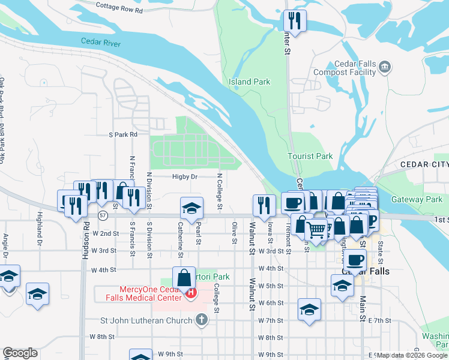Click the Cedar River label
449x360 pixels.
tap(101, 43)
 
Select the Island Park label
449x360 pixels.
tap(249, 82)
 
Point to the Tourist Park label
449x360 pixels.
tap(310, 156)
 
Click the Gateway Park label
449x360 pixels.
tap(417, 199)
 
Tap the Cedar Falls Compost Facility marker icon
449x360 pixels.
tap(385, 67)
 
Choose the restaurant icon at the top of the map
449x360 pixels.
tap(294, 20)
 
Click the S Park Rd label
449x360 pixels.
tap(123, 134)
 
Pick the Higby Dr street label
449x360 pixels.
tap(185, 176)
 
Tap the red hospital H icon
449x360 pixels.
tap(191, 293)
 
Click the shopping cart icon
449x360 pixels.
tap(316, 228)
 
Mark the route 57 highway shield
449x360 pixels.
tap(103, 214)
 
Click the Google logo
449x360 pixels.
tap(20, 353)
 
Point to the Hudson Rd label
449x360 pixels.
tap(85, 244)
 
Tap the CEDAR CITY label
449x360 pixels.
tap(424, 165)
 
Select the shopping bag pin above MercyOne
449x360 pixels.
tap(183, 277)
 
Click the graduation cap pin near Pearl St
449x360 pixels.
tap(191, 208)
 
